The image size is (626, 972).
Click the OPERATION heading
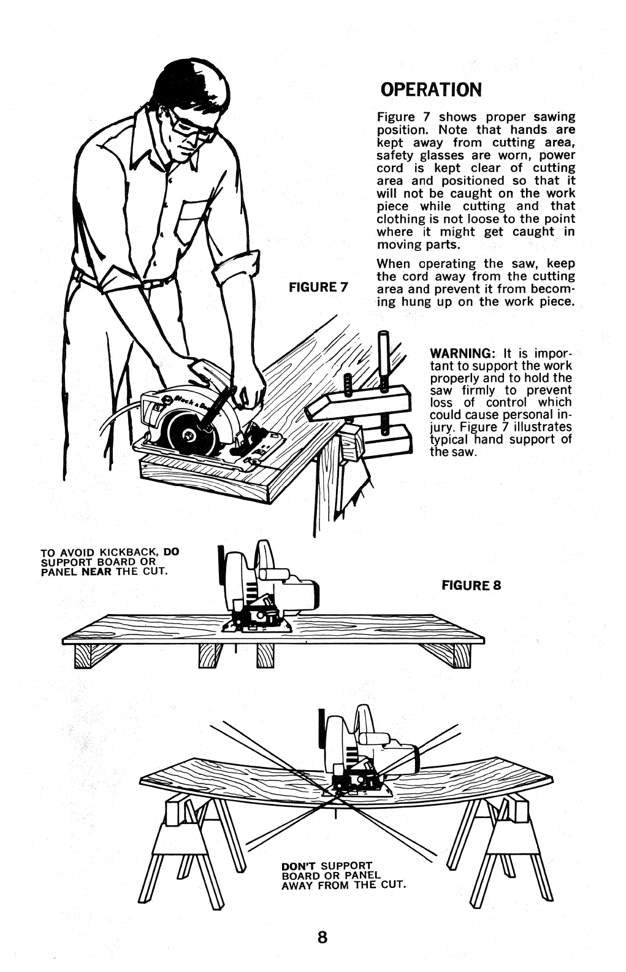431,90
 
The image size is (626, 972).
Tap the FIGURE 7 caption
318,287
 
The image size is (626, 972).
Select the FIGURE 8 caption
471,585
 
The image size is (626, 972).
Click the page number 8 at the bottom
322,938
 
